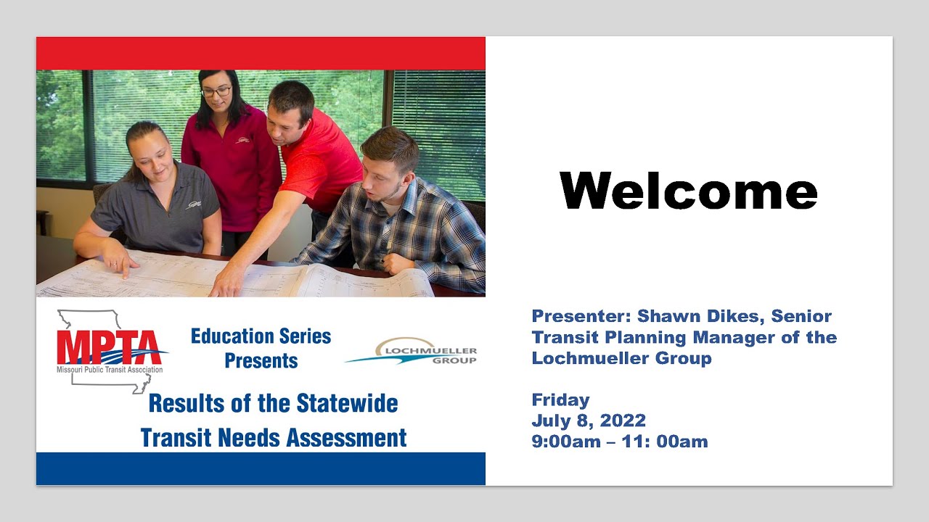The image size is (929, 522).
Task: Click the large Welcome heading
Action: pos(688,191)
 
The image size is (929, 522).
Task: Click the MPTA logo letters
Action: pos(109,348)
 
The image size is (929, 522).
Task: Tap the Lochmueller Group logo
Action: pos(412,352)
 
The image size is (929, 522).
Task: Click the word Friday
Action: pos(560,399)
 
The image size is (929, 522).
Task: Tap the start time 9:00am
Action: pos(565,441)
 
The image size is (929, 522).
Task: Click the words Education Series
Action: pos(261,336)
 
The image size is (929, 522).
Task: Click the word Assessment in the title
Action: pos(345,438)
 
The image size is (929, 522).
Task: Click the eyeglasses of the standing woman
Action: pos(216,92)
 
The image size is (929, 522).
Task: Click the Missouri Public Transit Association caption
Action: pos(110,370)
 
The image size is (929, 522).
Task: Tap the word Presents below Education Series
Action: pos(261,361)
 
